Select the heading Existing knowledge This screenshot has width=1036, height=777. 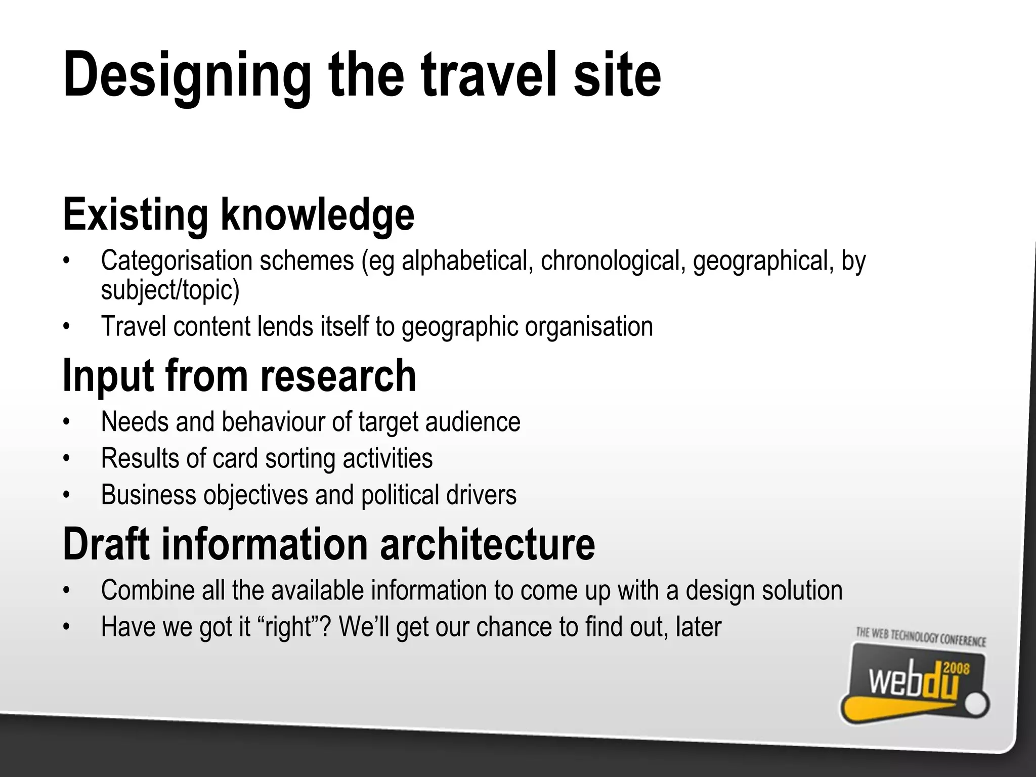(238, 215)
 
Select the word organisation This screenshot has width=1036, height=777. (589, 326)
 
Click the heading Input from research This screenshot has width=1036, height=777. (239, 376)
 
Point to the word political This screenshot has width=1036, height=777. (400, 495)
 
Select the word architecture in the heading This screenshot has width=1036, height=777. (487, 544)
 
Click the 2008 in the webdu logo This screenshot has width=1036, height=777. (957, 670)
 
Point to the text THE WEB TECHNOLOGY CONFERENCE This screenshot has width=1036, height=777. (921, 637)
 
